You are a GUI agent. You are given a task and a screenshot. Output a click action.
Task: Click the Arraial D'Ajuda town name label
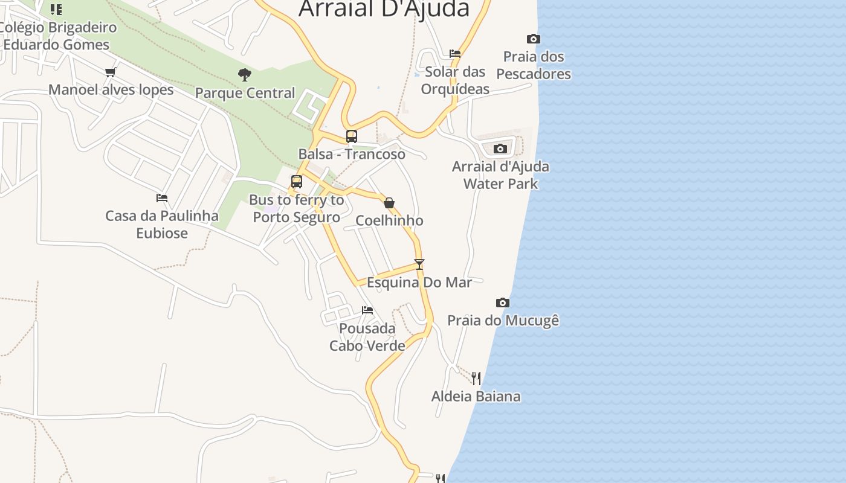pyautogui.click(x=384, y=8)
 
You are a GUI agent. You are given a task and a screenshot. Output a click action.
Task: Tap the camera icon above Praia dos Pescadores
pyautogui.click(x=533, y=39)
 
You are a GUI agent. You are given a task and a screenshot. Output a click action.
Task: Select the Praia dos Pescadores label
pyautogui.click(x=534, y=65)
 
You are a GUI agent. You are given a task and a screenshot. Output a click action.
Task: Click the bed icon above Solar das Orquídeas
pyautogui.click(x=455, y=54)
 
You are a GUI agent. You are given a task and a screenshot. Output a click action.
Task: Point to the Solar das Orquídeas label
pyautogui.click(x=455, y=80)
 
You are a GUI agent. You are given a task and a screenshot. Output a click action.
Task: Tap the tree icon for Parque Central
pyautogui.click(x=245, y=75)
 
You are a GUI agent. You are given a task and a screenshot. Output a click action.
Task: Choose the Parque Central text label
pyautogui.click(x=245, y=93)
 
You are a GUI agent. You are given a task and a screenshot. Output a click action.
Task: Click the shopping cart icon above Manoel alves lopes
pyautogui.click(x=110, y=72)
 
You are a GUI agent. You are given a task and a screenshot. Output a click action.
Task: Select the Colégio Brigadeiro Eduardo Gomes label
pyautogui.click(x=57, y=36)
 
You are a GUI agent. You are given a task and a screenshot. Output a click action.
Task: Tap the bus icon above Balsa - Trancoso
pyautogui.click(x=352, y=136)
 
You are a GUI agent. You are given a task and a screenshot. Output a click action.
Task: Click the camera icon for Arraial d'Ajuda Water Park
pyautogui.click(x=500, y=149)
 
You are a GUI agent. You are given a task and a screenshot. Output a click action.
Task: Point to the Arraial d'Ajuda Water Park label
pyautogui.click(x=500, y=175)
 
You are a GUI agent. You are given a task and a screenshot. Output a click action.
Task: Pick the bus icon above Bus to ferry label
pyautogui.click(x=297, y=182)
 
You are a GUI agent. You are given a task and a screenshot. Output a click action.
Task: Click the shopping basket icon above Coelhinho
pyautogui.click(x=389, y=203)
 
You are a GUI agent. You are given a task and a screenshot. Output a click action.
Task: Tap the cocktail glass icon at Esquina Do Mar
pyautogui.click(x=419, y=264)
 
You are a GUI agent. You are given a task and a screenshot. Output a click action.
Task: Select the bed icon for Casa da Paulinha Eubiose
pyautogui.click(x=162, y=198)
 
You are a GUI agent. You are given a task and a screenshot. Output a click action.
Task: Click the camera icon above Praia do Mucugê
pyautogui.click(x=503, y=303)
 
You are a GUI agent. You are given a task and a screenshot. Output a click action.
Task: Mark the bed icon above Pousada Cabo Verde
pyautogui.click(x=367, y=311)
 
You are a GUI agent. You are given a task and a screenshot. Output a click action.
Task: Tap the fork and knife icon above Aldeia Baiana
pyautogui.click(x=476, y=379)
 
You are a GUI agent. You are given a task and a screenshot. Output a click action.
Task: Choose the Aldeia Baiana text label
pyautogui.click(x=476, y=397)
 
